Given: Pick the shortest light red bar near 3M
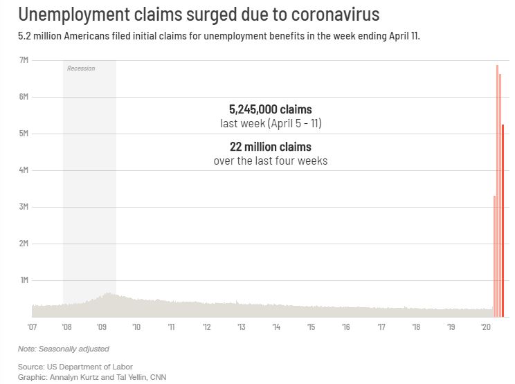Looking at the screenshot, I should (x=494, y=256).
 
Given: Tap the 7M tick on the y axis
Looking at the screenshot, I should (x=23, y=60).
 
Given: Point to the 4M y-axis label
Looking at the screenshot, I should (x=23, y=170).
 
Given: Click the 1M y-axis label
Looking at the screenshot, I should (x=23, y=280).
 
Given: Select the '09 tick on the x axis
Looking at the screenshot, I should (x=102, y=327).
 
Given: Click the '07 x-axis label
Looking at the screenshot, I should (x=32, y=327).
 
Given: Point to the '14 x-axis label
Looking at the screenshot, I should (x=276, y=327).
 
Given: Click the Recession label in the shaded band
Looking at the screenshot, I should (x=81, y=68).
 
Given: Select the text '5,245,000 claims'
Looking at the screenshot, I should (x=270, y=109).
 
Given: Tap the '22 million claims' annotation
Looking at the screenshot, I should (x=270, y=147).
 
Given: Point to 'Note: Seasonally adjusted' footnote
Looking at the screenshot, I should (x=63, y=349).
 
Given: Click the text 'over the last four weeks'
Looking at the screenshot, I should (x=270, y=161).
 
